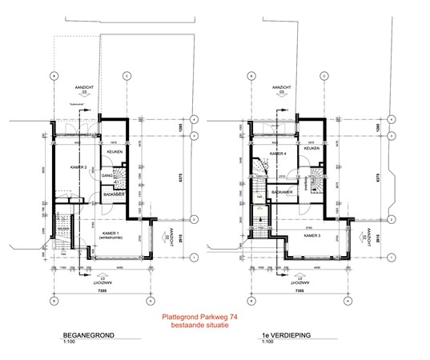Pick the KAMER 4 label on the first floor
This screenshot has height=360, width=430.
point(277,153)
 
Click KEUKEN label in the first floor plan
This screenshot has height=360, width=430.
point(311,147)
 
